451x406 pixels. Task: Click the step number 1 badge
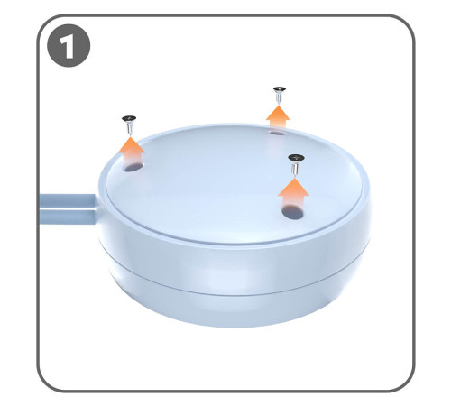click(69, 45)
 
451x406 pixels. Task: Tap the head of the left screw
click(129, 118)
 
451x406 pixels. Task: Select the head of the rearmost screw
click(280, 89)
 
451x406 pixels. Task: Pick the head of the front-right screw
click(296, 158)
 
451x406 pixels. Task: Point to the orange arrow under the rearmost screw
click(278, 116)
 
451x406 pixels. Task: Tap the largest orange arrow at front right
click(293, 191)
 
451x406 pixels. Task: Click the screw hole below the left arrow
click(133, 167)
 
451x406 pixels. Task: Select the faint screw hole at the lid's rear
click(277, 133)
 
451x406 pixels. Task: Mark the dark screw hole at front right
click(292, 212)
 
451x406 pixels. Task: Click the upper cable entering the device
click(68, 200)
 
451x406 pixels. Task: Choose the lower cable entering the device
click(68, 217)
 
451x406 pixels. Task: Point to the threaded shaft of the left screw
click(130, 129)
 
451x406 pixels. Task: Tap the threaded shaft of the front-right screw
click(295, 169)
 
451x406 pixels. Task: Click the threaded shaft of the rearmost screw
click(279, 98)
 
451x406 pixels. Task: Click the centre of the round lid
click(234, 184)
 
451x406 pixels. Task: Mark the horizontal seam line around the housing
click(234, 291)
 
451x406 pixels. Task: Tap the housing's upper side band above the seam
click(234, 264)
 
